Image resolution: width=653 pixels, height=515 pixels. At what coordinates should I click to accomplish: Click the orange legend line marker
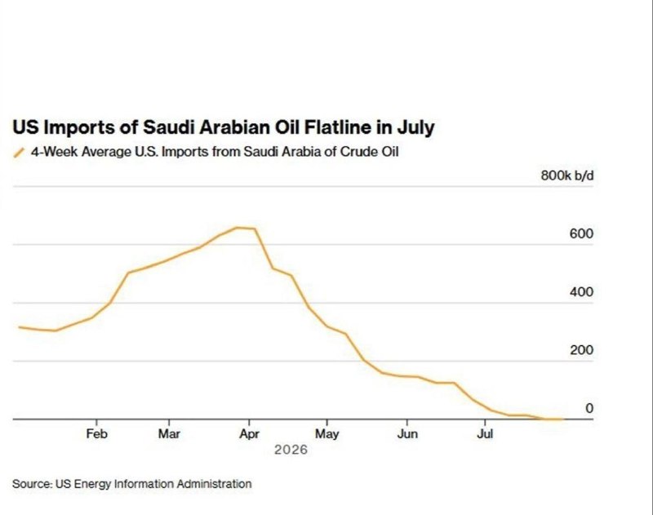pyautogui.click(x=19, y=153)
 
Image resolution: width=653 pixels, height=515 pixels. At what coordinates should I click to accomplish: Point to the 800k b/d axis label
pyautogui.click(x=567, y=175)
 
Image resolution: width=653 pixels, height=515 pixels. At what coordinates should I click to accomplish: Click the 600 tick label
pyautogui.click(x=581, y=234)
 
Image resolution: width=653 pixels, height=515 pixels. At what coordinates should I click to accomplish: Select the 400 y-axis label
pyautogui.click(x=581, y=292)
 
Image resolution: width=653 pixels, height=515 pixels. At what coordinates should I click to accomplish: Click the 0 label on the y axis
pyautogui.click(x=589, y=408)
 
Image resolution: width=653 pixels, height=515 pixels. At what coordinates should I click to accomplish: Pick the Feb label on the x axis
pyautogui.click(x=96, y=434)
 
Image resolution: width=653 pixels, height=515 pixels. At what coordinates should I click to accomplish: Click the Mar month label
pyautogui.click(x=169, y=434)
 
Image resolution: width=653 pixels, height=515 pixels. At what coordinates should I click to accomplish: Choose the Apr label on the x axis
pyautogui.click(x=249, y=434)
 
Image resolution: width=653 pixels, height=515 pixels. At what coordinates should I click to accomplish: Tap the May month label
pyautogui.click(x=327, y=434)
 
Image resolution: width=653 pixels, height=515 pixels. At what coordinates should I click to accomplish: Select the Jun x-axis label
pyautogui.click(x=406, y=434)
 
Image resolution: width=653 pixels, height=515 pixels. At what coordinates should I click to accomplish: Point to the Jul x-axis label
pyautogui.click(x=485, y=434)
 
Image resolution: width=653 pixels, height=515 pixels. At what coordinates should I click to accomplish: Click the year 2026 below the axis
pyautogui.click(x=291, y=450)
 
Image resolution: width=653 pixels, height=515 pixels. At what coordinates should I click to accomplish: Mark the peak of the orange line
pyautogui.click(x=238, y=228)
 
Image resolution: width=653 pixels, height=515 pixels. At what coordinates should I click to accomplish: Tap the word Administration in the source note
pyautogui.click(x=214, y=484)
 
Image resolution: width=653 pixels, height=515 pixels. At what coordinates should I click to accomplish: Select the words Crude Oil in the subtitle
pyautogui.click(x=369, y=152)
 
